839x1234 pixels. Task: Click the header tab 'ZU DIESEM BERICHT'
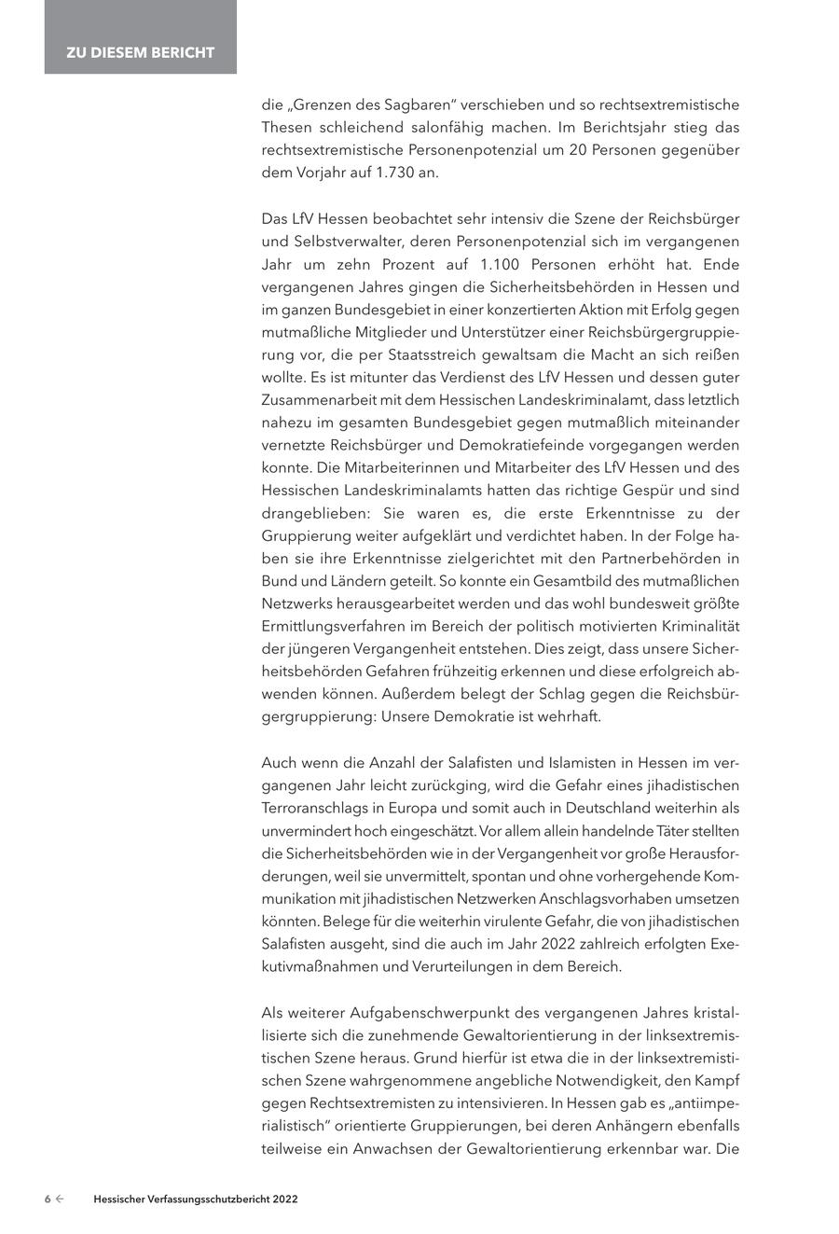tap(140, 52)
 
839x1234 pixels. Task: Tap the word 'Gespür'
tap(654, 490)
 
